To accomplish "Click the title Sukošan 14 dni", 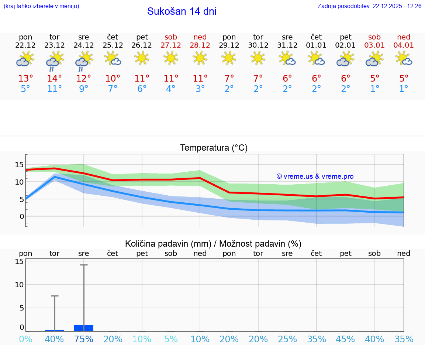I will [x=182, y=11].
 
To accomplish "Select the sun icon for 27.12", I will [x=171, y=58].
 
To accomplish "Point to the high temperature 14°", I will [x=55, y=79].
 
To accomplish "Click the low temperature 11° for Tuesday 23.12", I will [x=55, y=89].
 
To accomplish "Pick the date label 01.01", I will [x=316, y=45].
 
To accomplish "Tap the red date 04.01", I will [x=404, y=45].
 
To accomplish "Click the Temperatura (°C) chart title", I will [x=214, y=148].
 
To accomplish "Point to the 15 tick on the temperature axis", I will [x=20, y=165].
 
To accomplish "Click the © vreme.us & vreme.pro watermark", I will [x=315, y=176].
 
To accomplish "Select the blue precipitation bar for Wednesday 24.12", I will [x=84, y=328].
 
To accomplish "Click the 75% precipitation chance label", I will [x=84, y=339].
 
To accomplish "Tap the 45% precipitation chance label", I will [x=345, y=339].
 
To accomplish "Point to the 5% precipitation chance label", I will [x=171, y=339].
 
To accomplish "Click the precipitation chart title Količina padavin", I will [x=213, y=244].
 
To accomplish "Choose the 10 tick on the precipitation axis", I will [x=20, y=285].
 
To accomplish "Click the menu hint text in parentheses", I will [x=41, y=6].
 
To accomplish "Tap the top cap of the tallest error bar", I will [x=84, y=265].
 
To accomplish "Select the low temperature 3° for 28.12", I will [x=200, y=89].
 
